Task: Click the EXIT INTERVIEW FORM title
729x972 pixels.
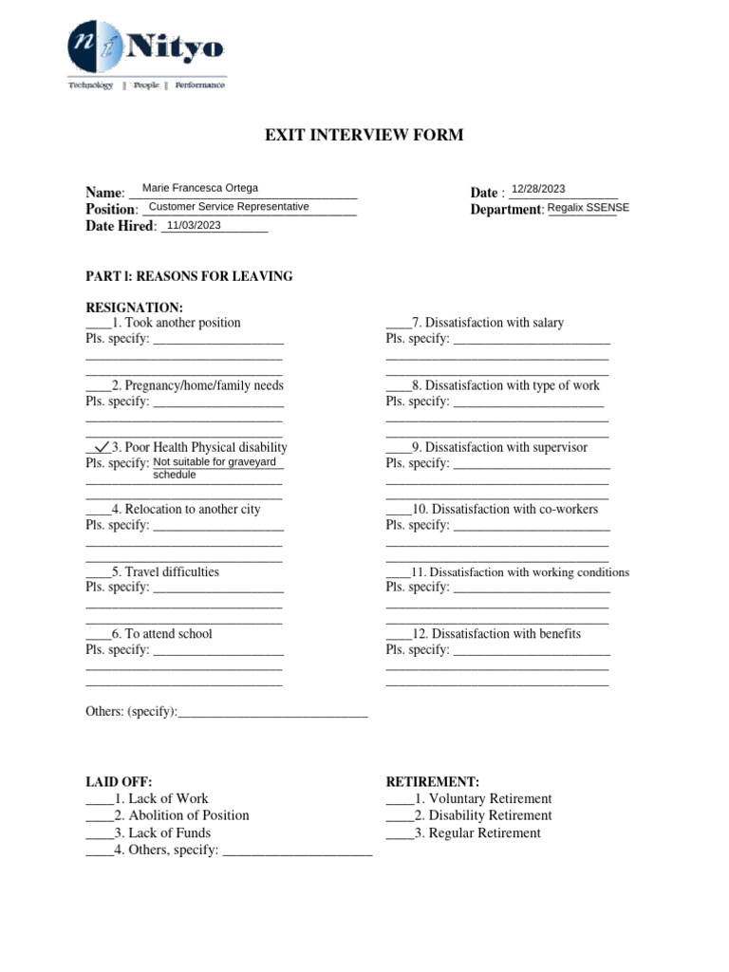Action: click(364, 136)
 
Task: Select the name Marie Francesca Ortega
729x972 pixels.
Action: click(199, 188)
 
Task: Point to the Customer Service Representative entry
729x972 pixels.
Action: click(229, 206)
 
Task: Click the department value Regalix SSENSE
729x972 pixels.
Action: click(588, 208)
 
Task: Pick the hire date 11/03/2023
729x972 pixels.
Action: click(194, 225)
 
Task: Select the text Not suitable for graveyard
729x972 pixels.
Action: click(215, 462)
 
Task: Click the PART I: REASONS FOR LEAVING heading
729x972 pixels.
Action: click(189, 276)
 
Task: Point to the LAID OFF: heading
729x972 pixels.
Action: click(119, 781)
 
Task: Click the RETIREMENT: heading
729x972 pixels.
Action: click(432, 781)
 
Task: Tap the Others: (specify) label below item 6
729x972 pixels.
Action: click(131, 712)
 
